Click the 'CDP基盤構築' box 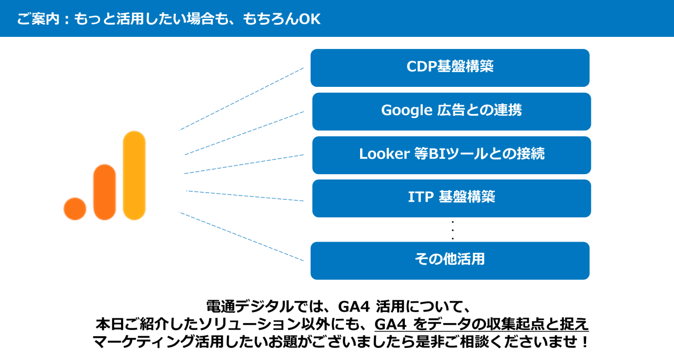(x=450, y=68)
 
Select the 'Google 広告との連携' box (x=451, y=112)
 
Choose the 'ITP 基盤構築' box (x=451, y=198)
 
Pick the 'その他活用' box (x=450, y=261)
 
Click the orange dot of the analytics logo (x=75, y=208)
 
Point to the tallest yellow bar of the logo (x=134, y=175)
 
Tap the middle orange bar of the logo (x=104, y=192)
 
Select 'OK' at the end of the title (x=310, y=19)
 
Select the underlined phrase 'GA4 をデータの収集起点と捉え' (x=481, y=324)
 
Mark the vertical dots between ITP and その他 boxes (x=453, y=230)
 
